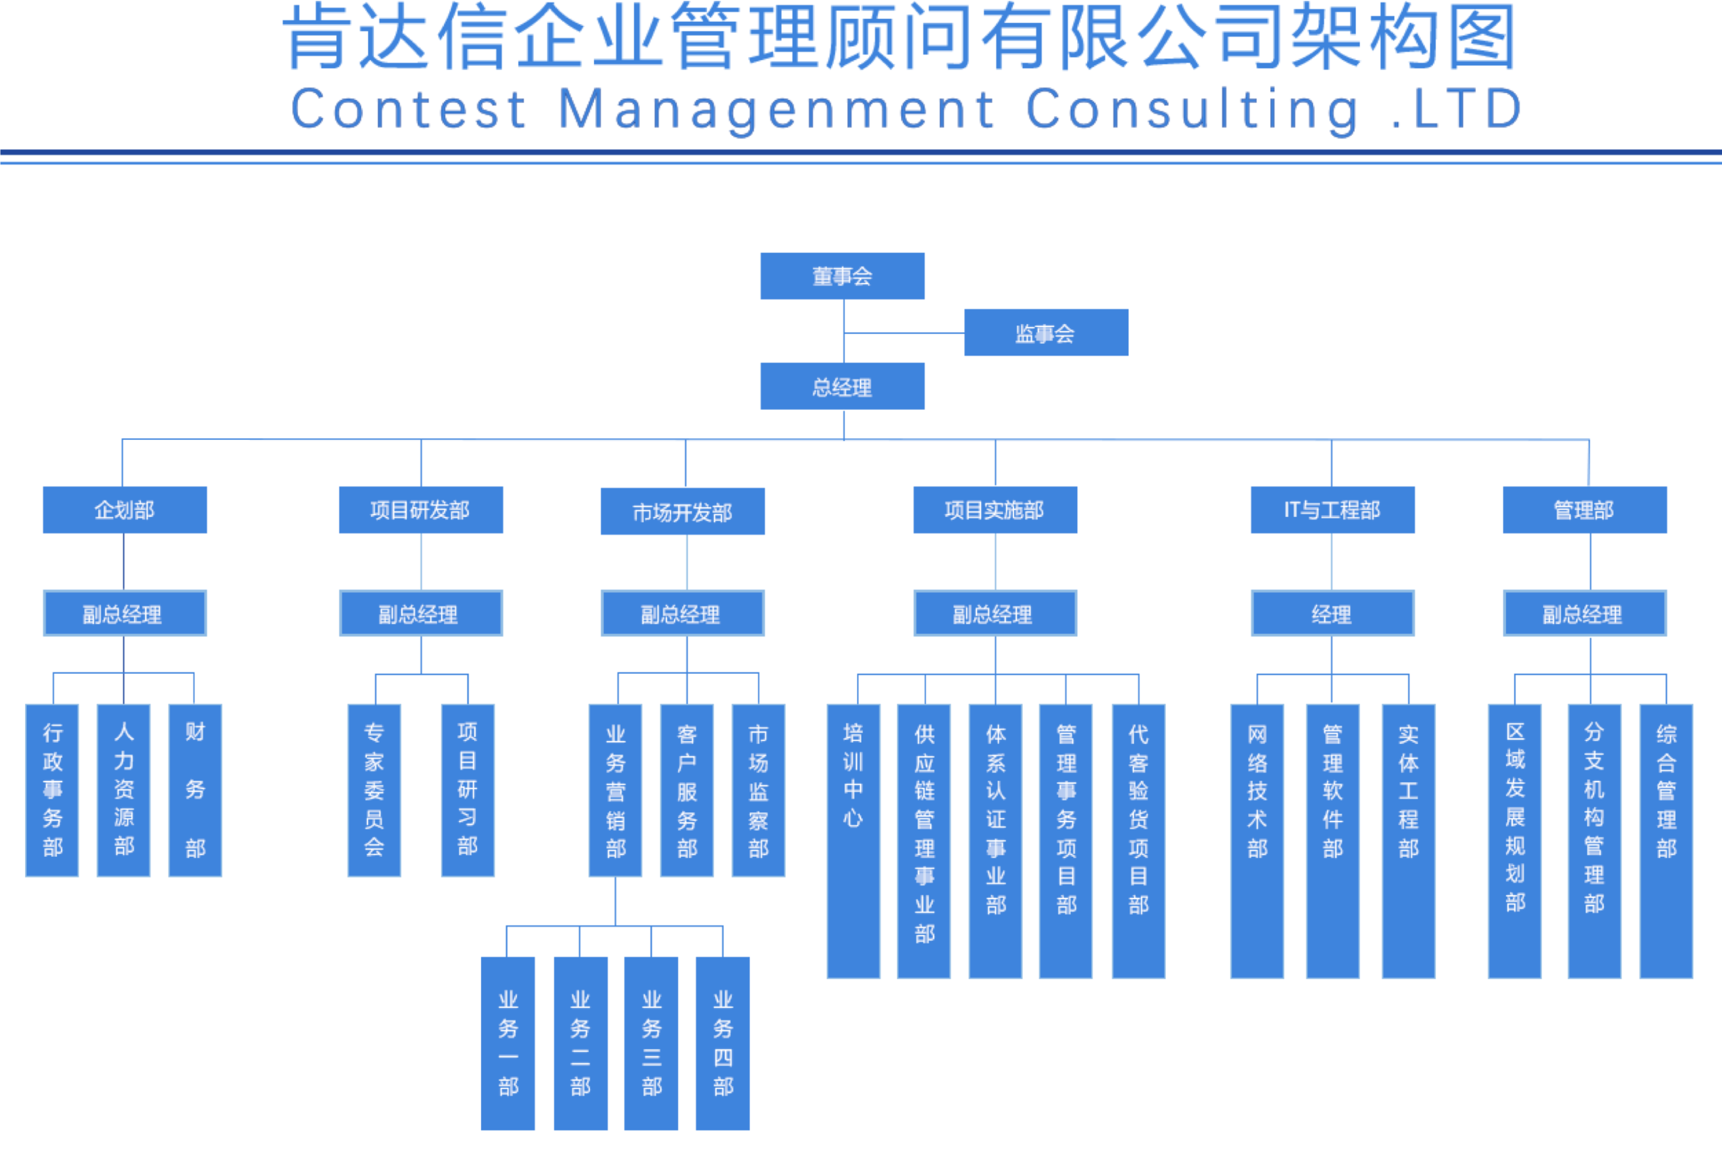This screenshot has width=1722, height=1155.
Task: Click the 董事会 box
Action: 842,276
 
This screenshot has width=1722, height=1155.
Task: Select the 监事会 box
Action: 1046,333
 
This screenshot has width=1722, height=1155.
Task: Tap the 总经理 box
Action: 842,386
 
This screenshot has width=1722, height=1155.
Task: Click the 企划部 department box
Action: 125,510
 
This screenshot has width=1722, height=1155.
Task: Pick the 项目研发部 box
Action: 421,510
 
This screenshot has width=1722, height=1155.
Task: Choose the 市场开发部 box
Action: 682,511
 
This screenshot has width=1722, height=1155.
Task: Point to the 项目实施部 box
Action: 995,510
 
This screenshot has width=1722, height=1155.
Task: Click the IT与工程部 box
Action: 1332,510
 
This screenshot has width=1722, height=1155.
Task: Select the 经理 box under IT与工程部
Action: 1332,613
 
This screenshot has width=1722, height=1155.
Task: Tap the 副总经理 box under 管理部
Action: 1584,613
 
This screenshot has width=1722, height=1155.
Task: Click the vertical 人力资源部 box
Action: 124,791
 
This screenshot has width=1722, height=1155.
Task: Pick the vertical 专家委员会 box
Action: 374,791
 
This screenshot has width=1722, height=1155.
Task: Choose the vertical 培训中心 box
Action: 853,840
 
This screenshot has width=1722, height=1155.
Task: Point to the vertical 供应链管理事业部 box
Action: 924,840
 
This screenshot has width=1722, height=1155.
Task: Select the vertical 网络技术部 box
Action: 1257,840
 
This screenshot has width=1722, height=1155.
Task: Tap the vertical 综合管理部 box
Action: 1666,840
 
